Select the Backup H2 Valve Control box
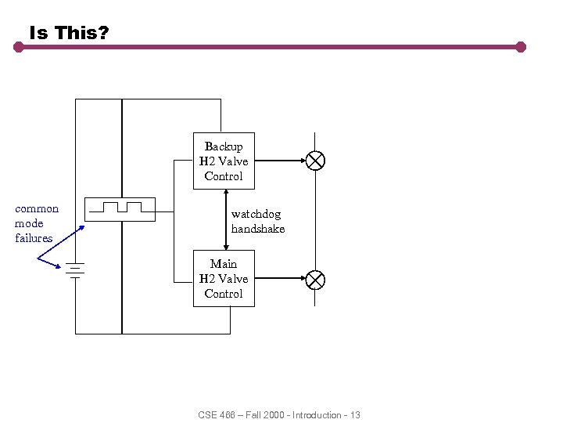pyautogui.click(x=224, y=161)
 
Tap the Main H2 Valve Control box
pyautogui.click(x=224, y=278)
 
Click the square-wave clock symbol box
pyautogui.click(x=121, y=209)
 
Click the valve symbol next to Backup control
pyautogui.click(x=315, y=161)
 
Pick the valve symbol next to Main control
pyautogui.click(x=315, y=278)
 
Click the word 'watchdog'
pyautogui.click(x=256, y=214)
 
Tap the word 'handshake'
pyautogui.click(x=258, y=229)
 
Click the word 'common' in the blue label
pyautogui.click(x=37, y=208)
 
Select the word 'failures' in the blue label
pyautogui.click(x=34, y=238)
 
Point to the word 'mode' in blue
pyautogui.click(x=29, y=223)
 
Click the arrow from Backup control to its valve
pyautogui.click(x=279, y=161)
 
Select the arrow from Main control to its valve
pyautogui.click(x=279, y=278)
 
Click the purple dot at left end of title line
pyautogui.click(x=19, y=47)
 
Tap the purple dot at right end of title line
pyautogui.click(x=521, y=47)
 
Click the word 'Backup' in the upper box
pyautogui.click(x=224, y=146)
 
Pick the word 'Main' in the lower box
pyautogui.click(x=224, y=264)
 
